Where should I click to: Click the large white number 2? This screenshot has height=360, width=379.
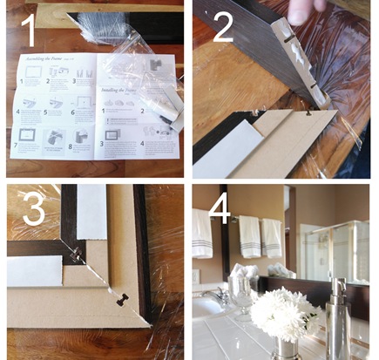tap(223, 29)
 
